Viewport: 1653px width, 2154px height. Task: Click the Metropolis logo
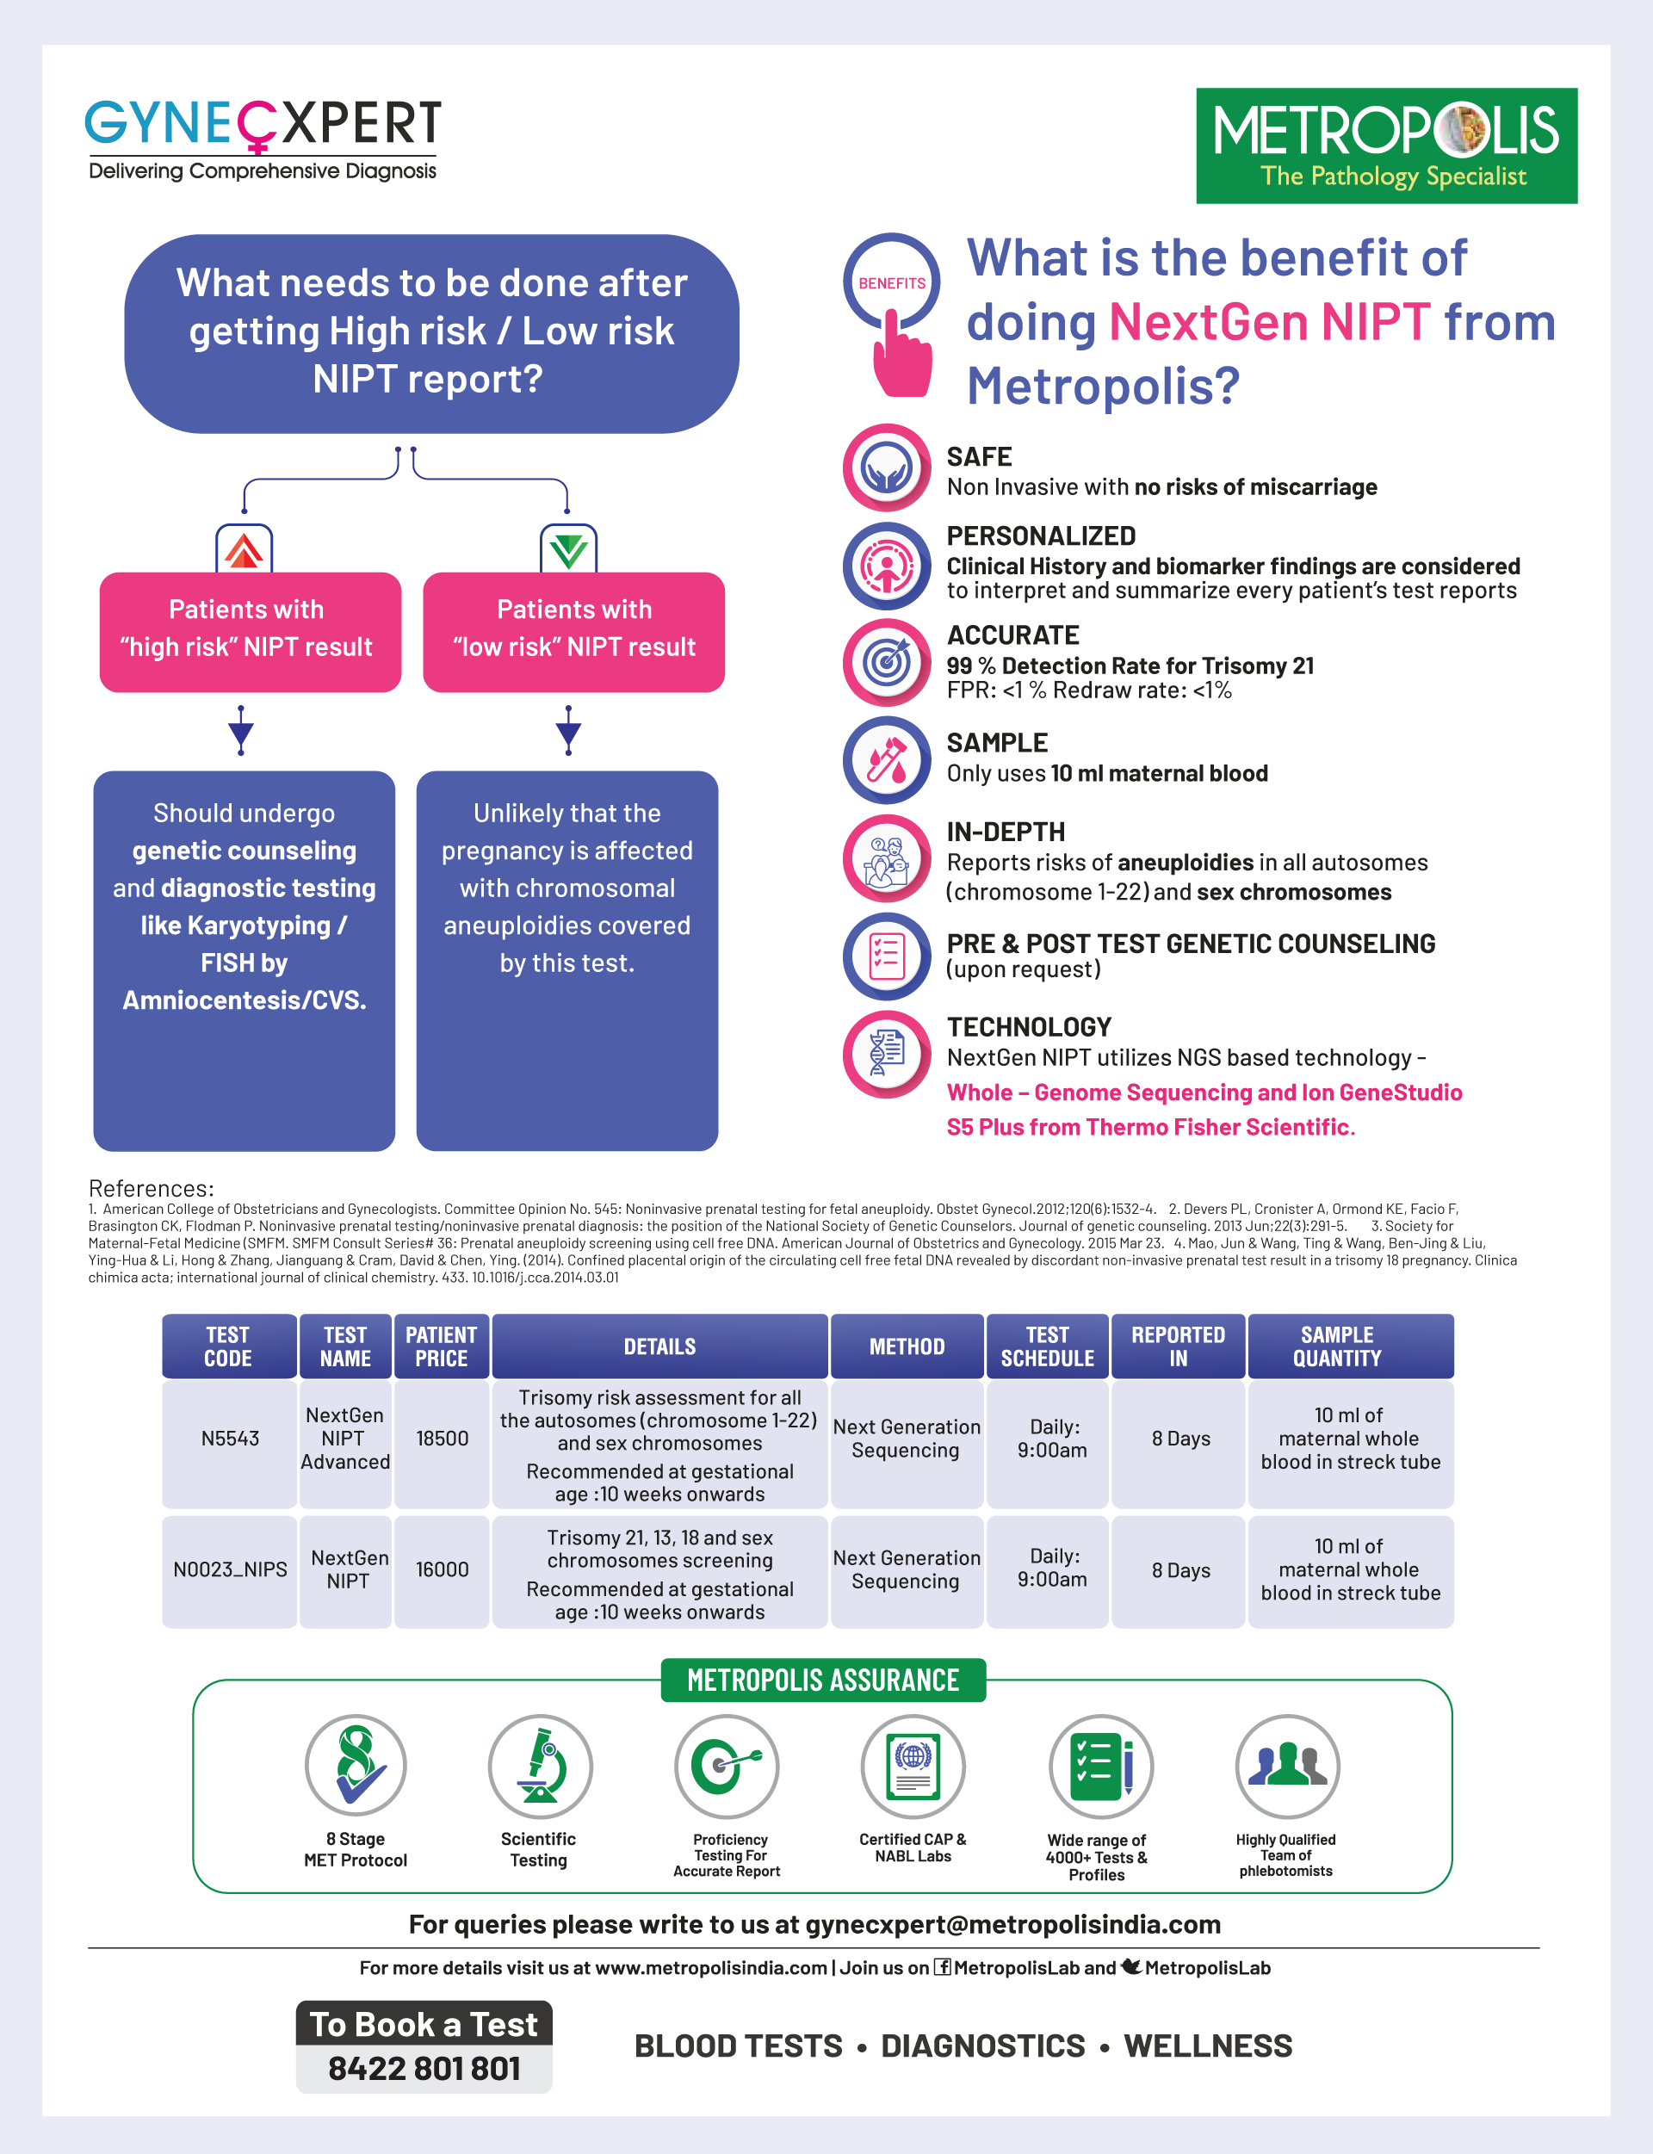(x=1385, y=145)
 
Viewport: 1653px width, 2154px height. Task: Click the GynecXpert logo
(x=263, y=138)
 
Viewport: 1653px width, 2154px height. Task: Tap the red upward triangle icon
(x=244, y=550)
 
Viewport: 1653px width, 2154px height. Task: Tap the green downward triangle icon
(x=569, y=550)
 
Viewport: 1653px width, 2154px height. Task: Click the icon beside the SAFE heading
(x=887, y=467)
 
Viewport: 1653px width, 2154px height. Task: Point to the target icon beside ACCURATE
(x=887, y=662)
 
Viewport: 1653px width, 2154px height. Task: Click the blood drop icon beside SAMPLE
(x=887, y=759)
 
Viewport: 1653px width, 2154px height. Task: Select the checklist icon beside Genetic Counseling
(x=887, y=956)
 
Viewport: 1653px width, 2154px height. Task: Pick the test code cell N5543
(x=229, y=1439)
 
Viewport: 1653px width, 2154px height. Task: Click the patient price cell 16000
(x=442, y=1569)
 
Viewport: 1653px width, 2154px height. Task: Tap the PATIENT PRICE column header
(x=441, y=1346)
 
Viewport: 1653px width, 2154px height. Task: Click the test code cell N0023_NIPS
(x=229, y=1569)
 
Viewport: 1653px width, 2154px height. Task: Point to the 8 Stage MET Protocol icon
(x=356, y=1767)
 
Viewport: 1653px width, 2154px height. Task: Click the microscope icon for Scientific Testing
(x=539, y=1767)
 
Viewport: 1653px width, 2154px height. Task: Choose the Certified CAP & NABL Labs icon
(x=913, y=1767)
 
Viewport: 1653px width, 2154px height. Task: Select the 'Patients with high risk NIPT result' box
(x=250, y=632)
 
